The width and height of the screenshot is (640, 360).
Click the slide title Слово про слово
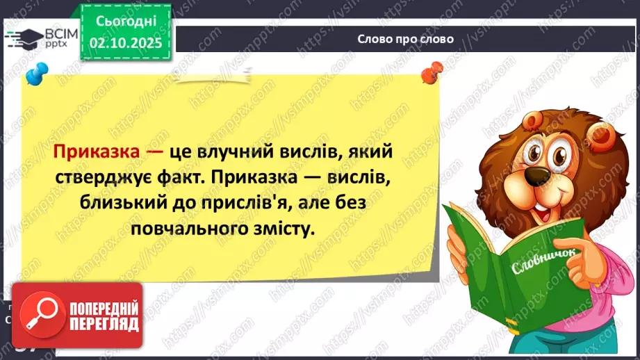tap(405, 39)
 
